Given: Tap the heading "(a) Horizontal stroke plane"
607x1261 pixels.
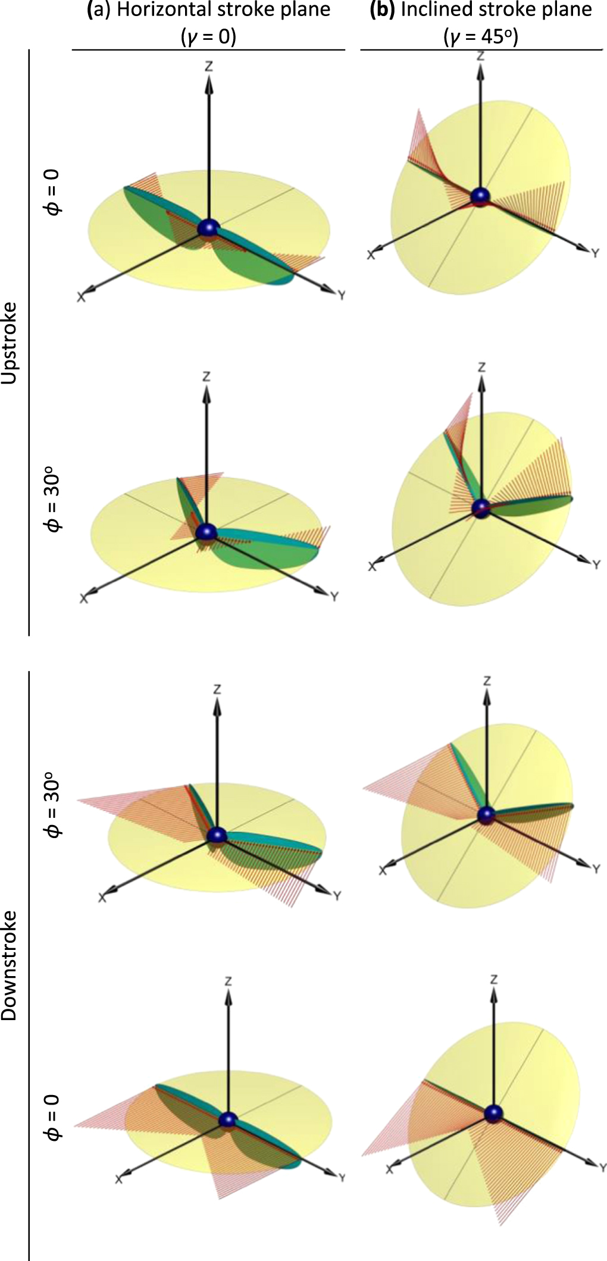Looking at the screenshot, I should coord(209,11).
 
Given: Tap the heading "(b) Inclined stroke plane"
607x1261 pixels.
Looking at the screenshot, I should coord(481,11).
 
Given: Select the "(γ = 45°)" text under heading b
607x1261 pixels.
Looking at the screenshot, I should coord(481,37).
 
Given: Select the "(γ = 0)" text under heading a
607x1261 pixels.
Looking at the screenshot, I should coord(209,37).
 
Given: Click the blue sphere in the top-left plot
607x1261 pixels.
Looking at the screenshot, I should coord(208,228).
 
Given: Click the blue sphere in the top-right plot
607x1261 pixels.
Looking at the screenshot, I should coord(479,197).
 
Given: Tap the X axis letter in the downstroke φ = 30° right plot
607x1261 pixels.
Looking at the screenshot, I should coord(382,870).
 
